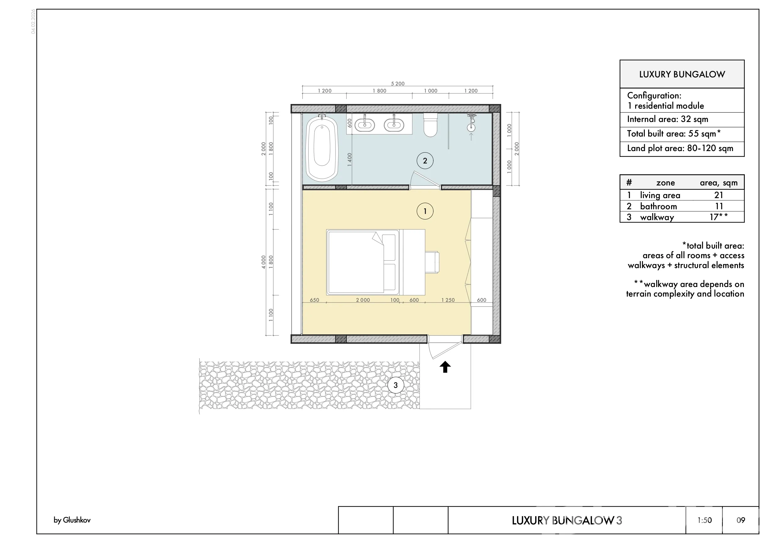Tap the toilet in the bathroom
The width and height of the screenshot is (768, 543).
(431, 125)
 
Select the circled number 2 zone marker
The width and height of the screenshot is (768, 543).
(425, 161)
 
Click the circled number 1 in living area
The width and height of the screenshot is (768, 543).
(425, 211)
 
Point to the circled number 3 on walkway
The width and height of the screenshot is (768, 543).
(395, 385)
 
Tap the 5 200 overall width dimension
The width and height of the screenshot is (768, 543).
(398, 84)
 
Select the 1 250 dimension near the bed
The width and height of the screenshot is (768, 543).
(448, 300)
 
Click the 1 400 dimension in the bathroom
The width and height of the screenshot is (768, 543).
(349, 160)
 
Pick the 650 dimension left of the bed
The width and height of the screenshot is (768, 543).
(315, 300)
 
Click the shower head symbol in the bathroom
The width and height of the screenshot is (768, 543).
(471, 123)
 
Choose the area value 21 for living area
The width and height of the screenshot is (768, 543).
(718, 195)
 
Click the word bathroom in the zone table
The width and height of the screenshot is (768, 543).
(658, 206)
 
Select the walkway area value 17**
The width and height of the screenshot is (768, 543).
(718, 217)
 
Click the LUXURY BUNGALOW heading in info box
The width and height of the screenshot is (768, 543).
(682, 74)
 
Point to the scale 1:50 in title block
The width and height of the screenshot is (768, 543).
(705, 520)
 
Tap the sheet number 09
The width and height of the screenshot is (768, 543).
(741, 520)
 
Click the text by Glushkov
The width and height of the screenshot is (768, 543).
(72, 520)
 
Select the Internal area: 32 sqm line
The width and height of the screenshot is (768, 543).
(668, 119)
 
